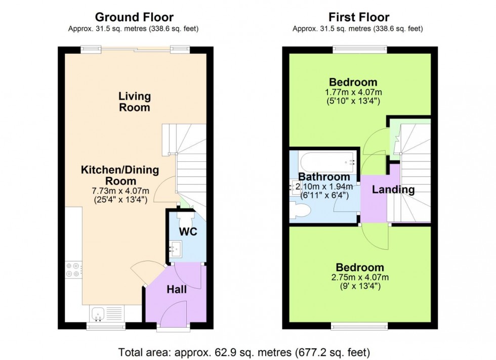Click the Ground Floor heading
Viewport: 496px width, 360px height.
point(134,18)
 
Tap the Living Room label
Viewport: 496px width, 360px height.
point(135,102)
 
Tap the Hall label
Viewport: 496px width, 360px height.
point(176,290)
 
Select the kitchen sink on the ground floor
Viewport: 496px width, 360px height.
point(96,314)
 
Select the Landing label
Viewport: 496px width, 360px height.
point(393,190)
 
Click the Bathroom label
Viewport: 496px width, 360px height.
point(324,177)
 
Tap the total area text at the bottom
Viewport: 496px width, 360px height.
point(248,351)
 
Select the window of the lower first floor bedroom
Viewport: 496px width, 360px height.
point(357,326)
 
